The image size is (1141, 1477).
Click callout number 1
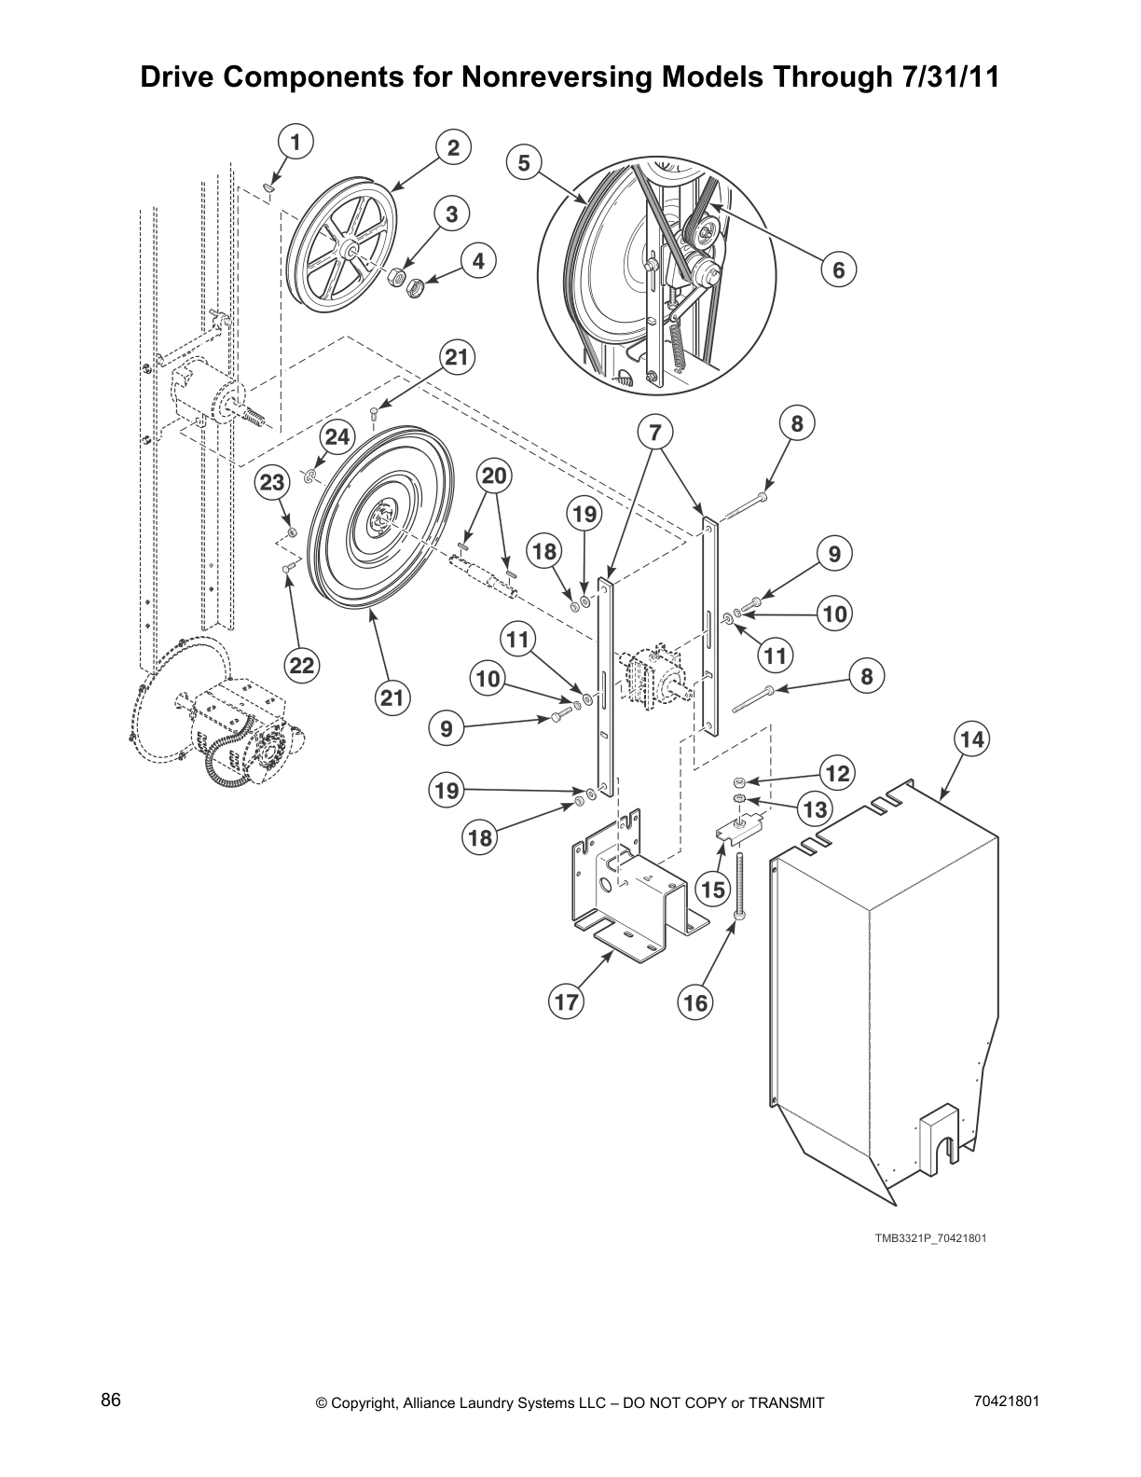pos(295,143)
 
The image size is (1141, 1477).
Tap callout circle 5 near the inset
pos(524,163)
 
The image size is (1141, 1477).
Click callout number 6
pos(838,270)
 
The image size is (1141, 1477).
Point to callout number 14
pos(971,739)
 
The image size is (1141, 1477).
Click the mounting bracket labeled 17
pos(634,895)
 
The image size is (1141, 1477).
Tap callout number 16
pos(695,1002)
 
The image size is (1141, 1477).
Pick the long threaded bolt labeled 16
pos(739,886)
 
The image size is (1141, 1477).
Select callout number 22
pos(301,665)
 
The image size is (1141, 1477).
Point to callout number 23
pos(272,482)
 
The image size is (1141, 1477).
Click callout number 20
pos(494,476)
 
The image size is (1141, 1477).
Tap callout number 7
pos(655,433)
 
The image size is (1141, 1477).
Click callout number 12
pos(837,772)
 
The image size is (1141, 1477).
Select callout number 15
pos(713,889)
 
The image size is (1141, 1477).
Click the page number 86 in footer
pos(111,1401)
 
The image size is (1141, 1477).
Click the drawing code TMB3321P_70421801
pos(929,1238)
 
